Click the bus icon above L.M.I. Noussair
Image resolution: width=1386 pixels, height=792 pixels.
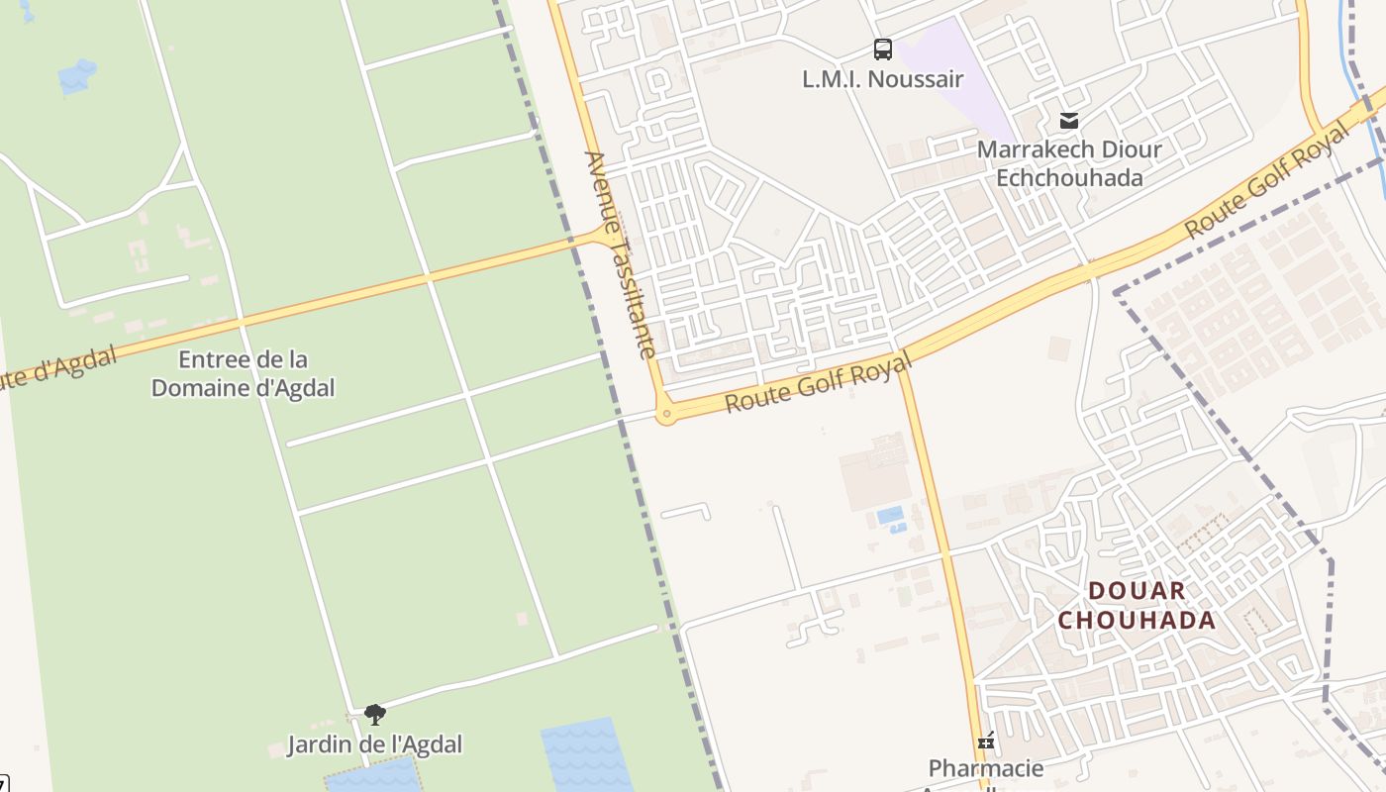point(882,49)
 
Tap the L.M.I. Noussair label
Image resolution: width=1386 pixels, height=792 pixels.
point(882,79)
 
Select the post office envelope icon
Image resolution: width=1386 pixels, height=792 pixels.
point(1068,121)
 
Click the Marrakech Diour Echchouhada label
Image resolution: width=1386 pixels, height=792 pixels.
point(1069,163)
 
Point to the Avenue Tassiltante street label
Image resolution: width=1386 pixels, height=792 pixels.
point(621,254)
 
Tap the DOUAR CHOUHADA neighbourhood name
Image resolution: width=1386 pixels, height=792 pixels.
point(1137,606)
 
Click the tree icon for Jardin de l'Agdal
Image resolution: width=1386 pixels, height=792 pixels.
point(374,715)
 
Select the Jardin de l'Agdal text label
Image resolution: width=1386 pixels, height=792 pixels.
point(374,743)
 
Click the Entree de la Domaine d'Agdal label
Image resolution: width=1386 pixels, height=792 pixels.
point(243,373)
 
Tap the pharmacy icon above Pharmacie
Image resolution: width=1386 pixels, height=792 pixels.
point(986,741)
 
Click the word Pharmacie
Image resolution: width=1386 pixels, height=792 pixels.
point(986,768)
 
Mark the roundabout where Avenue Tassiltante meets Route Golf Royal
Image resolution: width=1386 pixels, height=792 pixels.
point(666,415)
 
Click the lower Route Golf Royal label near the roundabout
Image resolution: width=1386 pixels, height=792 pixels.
point(818,385)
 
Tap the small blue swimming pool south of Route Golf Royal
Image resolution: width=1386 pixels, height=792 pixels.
point(890,515)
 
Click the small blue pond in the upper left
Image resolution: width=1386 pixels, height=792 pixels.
point(77,75)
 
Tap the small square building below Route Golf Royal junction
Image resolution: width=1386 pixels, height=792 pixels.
point(1059,348)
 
